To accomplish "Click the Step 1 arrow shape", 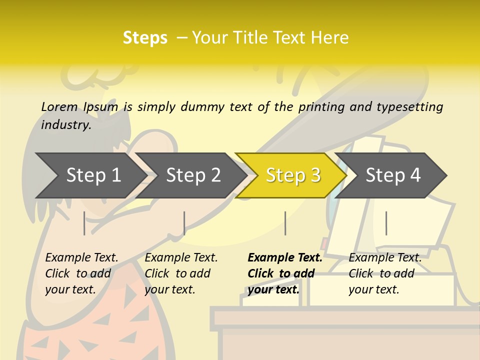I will click(90, 175).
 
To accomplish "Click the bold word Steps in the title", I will click(145, 38).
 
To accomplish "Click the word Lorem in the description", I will click(59, 106).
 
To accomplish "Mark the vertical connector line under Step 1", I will click(84, 223).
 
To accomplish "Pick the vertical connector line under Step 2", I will click(184, 223).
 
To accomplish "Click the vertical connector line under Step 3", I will click(285, 223).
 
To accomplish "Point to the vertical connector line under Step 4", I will click(386, 223).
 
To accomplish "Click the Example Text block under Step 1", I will click(81, 273).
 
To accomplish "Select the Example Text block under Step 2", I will click(181, 273).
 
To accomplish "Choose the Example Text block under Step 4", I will click(385, 273).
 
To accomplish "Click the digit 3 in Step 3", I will click(315, 175).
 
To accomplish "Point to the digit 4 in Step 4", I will click(415, 175).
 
